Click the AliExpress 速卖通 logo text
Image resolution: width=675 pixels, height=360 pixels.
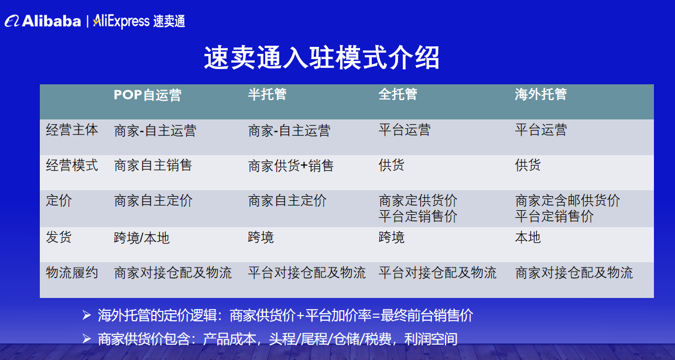[x=139, y=22]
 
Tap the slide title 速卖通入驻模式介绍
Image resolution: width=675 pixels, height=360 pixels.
[x=321, y=58]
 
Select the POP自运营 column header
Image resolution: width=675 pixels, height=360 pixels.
[x=148, y=95]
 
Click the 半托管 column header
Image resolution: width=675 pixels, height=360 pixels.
[x=267, y=95]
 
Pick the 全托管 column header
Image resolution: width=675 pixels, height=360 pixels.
[x=398, y=95]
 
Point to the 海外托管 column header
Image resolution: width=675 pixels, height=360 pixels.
[x=541, y=95]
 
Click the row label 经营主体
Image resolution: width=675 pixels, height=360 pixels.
[x=72, y=130]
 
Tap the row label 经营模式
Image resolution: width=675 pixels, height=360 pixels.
[x=72, y=166]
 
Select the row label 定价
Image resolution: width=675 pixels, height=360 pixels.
[x=59, y=201]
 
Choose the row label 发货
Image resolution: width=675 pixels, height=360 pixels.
[x=59, y=237]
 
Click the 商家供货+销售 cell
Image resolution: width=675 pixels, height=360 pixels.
[x=291, y=166]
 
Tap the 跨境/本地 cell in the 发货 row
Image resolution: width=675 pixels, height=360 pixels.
[x=142, y=238]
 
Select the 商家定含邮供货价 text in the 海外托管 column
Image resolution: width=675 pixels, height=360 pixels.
[x=567, y=201]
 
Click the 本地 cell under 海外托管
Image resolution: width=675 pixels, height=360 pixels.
[x=528, y=237]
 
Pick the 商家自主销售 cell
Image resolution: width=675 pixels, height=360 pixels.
[x=153, y=166]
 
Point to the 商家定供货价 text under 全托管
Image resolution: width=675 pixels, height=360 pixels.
[x=418, y=201]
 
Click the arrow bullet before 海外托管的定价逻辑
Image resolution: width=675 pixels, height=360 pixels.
[x=87, y=316]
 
